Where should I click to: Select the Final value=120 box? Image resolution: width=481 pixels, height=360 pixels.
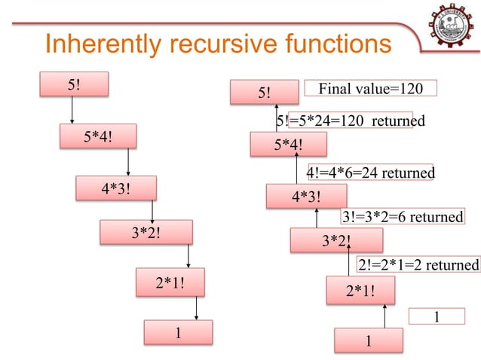point(372,89)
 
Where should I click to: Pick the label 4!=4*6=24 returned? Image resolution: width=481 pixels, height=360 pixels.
point(370,173)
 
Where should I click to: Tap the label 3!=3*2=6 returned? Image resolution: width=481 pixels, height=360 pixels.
point(402,217)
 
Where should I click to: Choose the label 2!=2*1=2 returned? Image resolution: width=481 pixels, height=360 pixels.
point(418,265)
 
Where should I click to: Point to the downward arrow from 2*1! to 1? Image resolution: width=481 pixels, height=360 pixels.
point(197,308)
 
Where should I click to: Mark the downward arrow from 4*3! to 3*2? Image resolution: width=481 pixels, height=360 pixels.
point(154,210)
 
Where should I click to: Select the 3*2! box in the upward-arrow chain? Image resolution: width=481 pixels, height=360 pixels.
point(337,241)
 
